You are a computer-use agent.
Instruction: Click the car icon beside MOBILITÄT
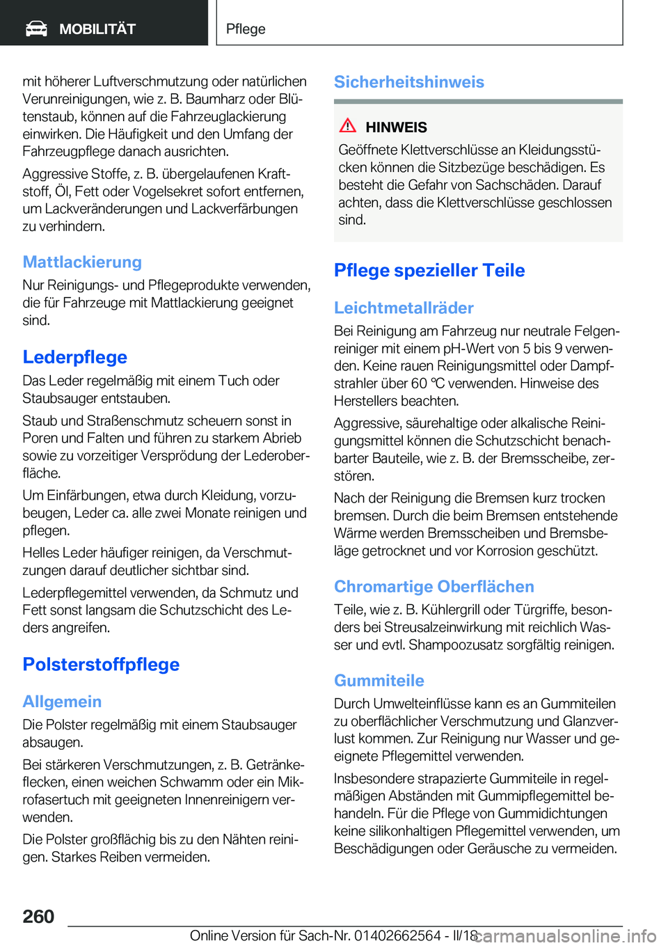pyautogui.click(x=36, y=29)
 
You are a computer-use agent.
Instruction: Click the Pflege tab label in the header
pyautogui.click(x=246, y=29)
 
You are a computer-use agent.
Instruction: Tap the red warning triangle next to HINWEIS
pyautogui.click(x=348, y=126)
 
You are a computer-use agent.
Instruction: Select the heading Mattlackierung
pyautogui.click(x=82, y=262)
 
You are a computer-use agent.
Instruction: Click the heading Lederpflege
pyautogui.click(x=74, y=357)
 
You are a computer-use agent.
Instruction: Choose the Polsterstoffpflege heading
pyautogui.click(x=101, y=664)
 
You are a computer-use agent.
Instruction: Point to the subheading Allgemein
pyautogui.click(x=62, y=701)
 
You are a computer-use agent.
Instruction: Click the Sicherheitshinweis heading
pyautogui.click(x=408, y=81)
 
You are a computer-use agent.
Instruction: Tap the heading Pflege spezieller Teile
pyautogui.click(x=429, y=270)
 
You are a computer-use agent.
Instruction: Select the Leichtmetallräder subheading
pyautogui.click(x=404, y=308)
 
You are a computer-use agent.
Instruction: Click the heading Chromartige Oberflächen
pyautogui.click(x=434, y=586)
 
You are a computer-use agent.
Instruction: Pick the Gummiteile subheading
pyautogui.click(x=379, y=680)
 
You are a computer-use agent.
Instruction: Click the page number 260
pyautogui.click(x=38, y=916)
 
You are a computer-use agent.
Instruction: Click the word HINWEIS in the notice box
pyautogui.click(x=396, y=127)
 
